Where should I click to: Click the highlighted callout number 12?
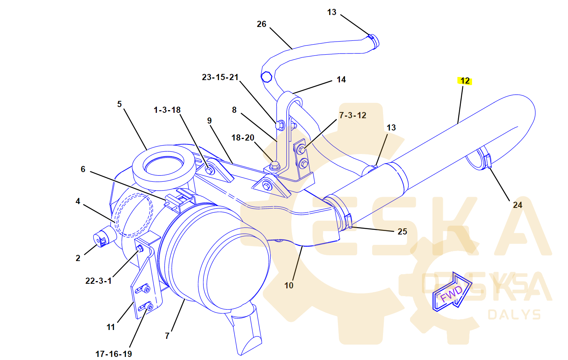[465, 81]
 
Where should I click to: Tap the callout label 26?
[261, 24]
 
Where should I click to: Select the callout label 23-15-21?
[220, 77]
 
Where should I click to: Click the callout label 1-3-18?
[167, 110]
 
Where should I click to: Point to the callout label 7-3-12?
[353, 116]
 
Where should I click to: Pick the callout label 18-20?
[242, 138]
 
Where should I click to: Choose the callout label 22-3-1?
[98, 281]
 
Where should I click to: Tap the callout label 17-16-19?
[114, 354]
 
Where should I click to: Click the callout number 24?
[518, 205]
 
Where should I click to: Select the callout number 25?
[402, 232]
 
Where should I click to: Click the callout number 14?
[341, 80]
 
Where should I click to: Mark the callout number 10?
[289, 286]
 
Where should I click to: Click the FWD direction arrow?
[452, 293]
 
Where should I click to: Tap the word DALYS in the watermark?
[514, 315]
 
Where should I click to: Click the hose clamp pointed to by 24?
[487, 161]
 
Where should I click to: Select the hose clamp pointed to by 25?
[348, 221]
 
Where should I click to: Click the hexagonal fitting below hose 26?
[267, 76]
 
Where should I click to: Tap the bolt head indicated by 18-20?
[274, 166]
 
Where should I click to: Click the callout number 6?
[83, 169]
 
